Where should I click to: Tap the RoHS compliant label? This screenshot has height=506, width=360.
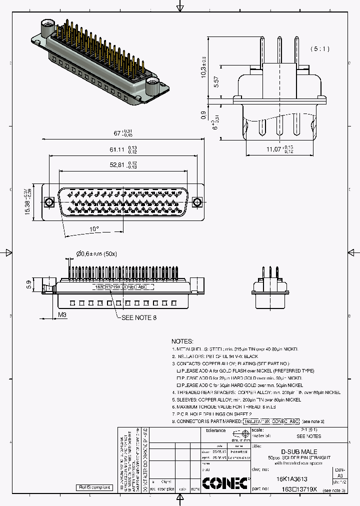click(94, 487)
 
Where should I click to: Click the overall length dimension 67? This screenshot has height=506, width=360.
click(118, 133)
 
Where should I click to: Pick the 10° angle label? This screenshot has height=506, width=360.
click(94, 228)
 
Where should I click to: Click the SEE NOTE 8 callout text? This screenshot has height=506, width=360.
click(139, 317)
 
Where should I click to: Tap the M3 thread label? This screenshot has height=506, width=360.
click(61, 314)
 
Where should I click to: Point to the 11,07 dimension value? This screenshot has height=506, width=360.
click(275, 149)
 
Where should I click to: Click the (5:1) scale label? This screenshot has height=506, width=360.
click(319, 49)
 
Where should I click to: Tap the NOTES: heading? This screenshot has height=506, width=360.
click(184, 340)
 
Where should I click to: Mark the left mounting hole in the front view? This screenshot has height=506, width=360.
click(49, 202)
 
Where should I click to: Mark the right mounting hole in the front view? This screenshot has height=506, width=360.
click(197, 202)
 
